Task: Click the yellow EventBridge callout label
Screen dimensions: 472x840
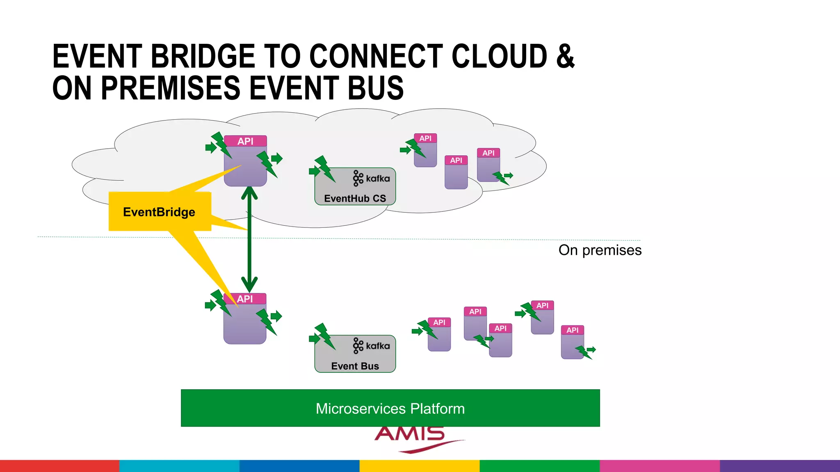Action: (160, 211)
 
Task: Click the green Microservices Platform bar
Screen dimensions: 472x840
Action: (390, 408)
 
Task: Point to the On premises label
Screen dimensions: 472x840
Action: (600, 250)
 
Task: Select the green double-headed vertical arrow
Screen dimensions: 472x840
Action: (249, 240)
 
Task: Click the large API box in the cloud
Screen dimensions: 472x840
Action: (245, 162)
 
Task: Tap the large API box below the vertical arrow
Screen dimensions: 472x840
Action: (245, 320)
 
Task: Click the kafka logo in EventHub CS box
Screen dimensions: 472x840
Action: (371, 178)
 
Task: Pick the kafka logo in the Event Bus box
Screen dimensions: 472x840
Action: (371, 346)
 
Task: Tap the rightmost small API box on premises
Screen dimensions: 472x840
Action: (572, 343)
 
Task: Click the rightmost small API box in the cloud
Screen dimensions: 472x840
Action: (488, 165)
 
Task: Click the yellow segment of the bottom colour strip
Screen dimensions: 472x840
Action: (420, 466)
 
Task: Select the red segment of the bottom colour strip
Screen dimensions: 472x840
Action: (59, 466)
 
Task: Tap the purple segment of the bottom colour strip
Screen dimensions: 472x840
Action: (780, 466)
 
